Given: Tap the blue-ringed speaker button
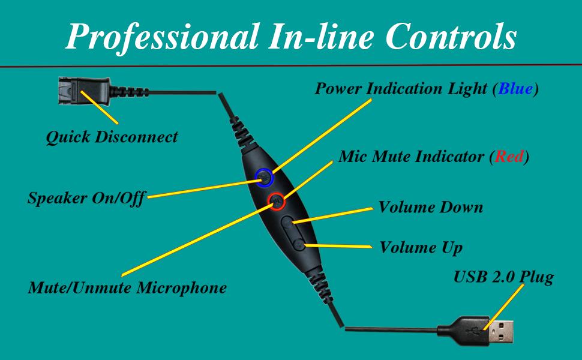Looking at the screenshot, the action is (265, 178).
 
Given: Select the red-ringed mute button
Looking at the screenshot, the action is (277, 201).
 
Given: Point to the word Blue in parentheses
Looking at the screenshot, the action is (515, 89).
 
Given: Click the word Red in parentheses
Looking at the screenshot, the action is (508, 157).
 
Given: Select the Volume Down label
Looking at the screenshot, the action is (430, 208).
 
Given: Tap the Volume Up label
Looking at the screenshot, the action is (421, 247).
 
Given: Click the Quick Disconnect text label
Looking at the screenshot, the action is (112, 137).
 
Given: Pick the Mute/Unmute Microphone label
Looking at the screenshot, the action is (127, 287).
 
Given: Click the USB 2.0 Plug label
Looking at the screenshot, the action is (503, 278).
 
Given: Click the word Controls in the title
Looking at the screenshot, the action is (451, 37).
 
